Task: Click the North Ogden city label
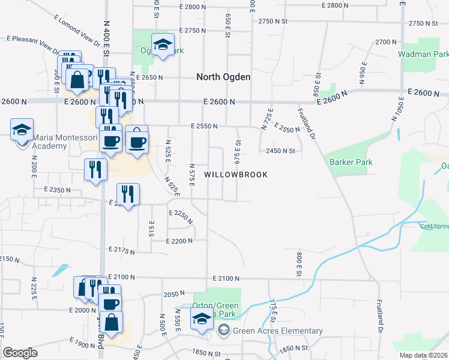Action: (x=224, y=77)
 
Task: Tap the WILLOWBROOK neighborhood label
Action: (x=235, y=175)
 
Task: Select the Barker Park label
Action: (x=351, y=162)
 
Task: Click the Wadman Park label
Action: (x=423, y=54)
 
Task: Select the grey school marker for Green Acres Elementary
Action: (x=224, y=330)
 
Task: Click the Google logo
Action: (x=20, y=353)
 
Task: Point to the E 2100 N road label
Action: (x=226, y=279)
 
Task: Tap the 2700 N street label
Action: (x=386, y=42)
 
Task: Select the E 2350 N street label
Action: (x=57, y=190)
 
